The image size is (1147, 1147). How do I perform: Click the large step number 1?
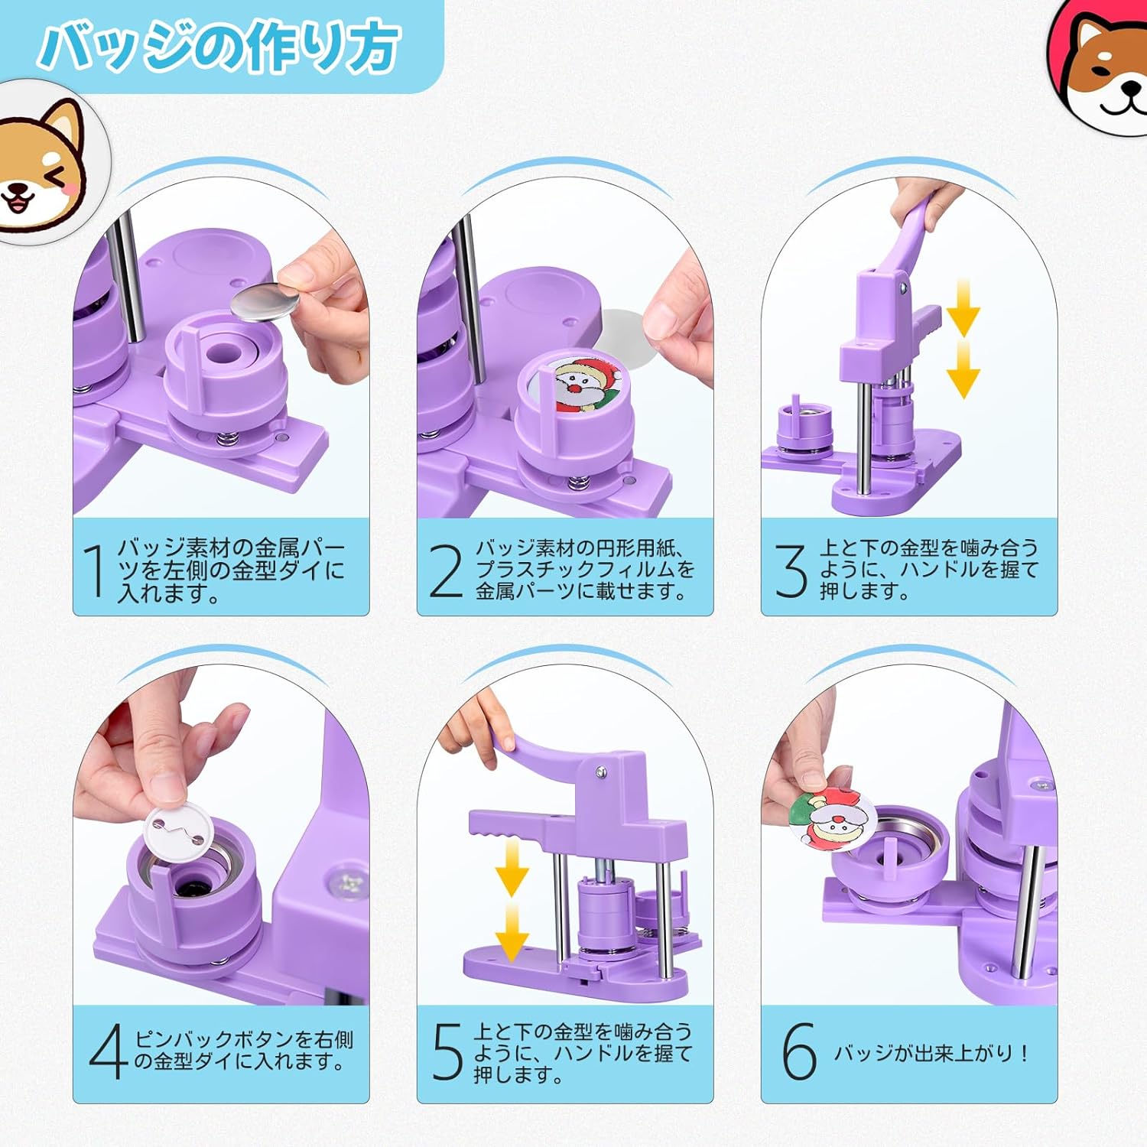(x=96, y=570)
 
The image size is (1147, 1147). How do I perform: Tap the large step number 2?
(x=447, y=570)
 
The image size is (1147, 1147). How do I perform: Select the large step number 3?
(x=791, y=570)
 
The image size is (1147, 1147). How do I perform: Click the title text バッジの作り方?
(x=220, y=46)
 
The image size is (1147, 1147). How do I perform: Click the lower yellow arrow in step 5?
(x=512, y=932)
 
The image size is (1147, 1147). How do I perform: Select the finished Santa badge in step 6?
(x=832, y=818)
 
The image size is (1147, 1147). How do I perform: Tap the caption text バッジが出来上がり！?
(x=931, y=1053)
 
